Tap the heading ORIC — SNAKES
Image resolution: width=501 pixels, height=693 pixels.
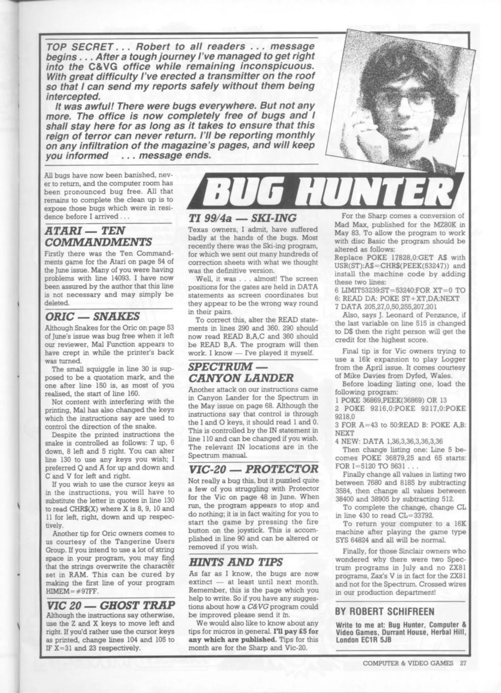pos(92,316)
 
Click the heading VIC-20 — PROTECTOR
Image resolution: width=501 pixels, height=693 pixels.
pos(253,469)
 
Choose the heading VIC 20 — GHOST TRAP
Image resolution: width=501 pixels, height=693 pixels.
pos(111,605)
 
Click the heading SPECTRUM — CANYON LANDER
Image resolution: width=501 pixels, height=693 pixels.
pos(241,372)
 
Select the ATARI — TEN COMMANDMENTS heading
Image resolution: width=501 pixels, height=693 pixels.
pos(98,236)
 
